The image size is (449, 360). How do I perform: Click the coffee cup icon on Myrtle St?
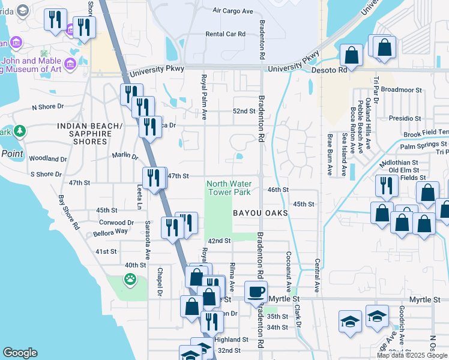pos(256,292)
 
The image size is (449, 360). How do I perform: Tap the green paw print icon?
pos(130,278)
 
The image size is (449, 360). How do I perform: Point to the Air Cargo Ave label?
pos(234,10)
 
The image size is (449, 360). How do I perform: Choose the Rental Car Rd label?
pos(226,34)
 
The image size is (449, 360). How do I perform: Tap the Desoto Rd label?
pos(330,70)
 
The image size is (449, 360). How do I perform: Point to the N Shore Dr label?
pos(47,107)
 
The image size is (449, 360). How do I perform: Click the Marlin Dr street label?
pos(125,155)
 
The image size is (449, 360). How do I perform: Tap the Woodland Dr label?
pos(47,159)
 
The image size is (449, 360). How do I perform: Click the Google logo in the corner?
pos(20,353)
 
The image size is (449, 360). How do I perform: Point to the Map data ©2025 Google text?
pos(412,355)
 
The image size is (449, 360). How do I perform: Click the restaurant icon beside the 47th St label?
pos(154,177)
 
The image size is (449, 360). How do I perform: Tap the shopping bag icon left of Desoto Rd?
pos(352,55)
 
